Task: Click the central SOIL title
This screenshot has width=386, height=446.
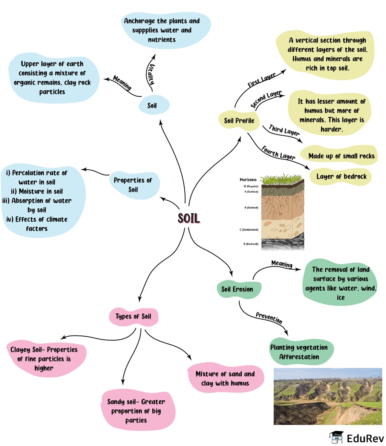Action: pos(188,218)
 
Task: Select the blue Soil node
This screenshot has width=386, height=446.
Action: pos(153,106)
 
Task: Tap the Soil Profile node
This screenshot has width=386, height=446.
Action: pos(239,121)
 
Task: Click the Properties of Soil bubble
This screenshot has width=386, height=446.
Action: pos(133,185)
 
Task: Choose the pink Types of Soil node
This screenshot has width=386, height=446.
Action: pos(133,316)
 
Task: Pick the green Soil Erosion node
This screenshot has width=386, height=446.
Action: pos(237,289)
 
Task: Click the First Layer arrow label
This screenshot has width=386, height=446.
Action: pos(261,80)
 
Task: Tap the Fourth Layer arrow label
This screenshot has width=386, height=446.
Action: pos(278,153)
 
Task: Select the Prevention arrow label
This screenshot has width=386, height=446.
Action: pos(269,318)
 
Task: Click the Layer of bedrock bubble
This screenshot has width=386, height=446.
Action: pos(341,176)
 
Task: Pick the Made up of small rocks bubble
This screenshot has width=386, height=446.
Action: pos(341,156)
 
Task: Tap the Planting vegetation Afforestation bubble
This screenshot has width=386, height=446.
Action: pos(299,352)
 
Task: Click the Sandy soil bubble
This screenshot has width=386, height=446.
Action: pos(136,411)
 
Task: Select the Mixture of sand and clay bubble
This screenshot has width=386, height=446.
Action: pos(225,379)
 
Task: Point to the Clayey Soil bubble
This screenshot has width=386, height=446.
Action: pos(44,359)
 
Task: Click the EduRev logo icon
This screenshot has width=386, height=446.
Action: pos(336,437)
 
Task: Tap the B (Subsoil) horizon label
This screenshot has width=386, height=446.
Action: pos(251,208)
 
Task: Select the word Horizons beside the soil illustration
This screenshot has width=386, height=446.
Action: pos(248,180)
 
